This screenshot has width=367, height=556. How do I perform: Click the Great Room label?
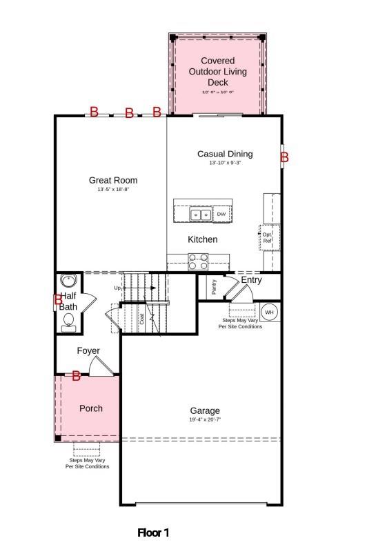(113, 181)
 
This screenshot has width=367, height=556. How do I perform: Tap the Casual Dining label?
(225, 155)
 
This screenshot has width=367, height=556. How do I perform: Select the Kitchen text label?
(203, 239)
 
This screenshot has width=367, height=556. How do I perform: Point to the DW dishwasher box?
(221, 215)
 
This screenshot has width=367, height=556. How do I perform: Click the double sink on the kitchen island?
(201, 215)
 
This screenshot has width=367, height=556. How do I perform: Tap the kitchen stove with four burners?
(198, 262)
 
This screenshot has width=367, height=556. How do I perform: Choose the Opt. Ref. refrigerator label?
(268, 237)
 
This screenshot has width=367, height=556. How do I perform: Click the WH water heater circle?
(270, 312)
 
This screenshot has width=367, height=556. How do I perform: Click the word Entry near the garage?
(251, 280)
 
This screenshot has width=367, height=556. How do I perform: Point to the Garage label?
(205, 411)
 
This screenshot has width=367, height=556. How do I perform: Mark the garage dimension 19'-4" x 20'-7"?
(205, 420)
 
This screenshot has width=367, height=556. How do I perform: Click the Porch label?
(91, 408)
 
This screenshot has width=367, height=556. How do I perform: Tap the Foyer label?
(88, 351)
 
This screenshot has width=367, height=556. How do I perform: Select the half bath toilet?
(69, 321)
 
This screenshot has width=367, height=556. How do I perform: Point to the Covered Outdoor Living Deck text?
(218, 72)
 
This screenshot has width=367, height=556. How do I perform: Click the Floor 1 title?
(153, 533)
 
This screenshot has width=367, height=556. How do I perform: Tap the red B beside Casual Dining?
(284, 157)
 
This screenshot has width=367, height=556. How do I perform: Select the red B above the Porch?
(77, 376)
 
